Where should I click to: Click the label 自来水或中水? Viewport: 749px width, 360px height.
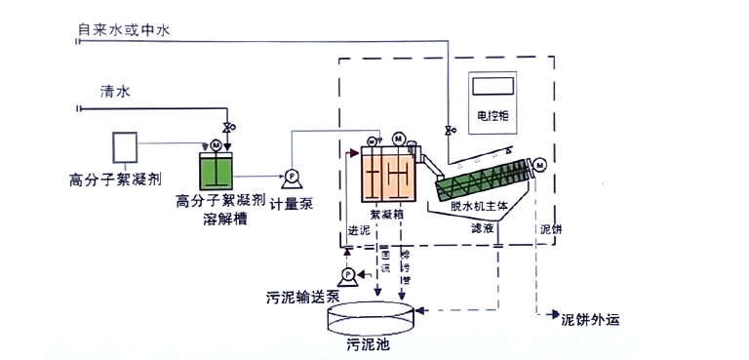[x=125, y=31]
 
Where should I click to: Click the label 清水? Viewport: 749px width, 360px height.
[x=115, y=92]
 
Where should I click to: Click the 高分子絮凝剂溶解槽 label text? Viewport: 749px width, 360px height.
[x=219, y=210]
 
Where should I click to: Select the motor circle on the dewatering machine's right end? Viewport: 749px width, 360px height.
[x=538, y=164]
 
